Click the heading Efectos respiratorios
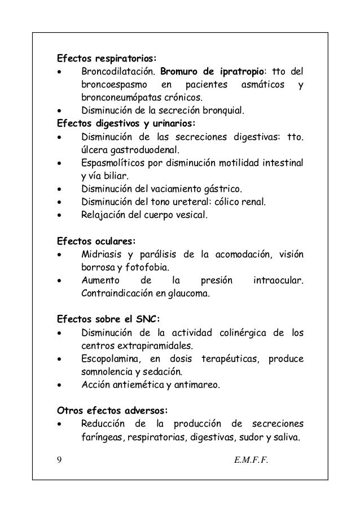click(106, 58)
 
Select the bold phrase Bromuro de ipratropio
click(213, 72)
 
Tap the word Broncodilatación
click(118, 72)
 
